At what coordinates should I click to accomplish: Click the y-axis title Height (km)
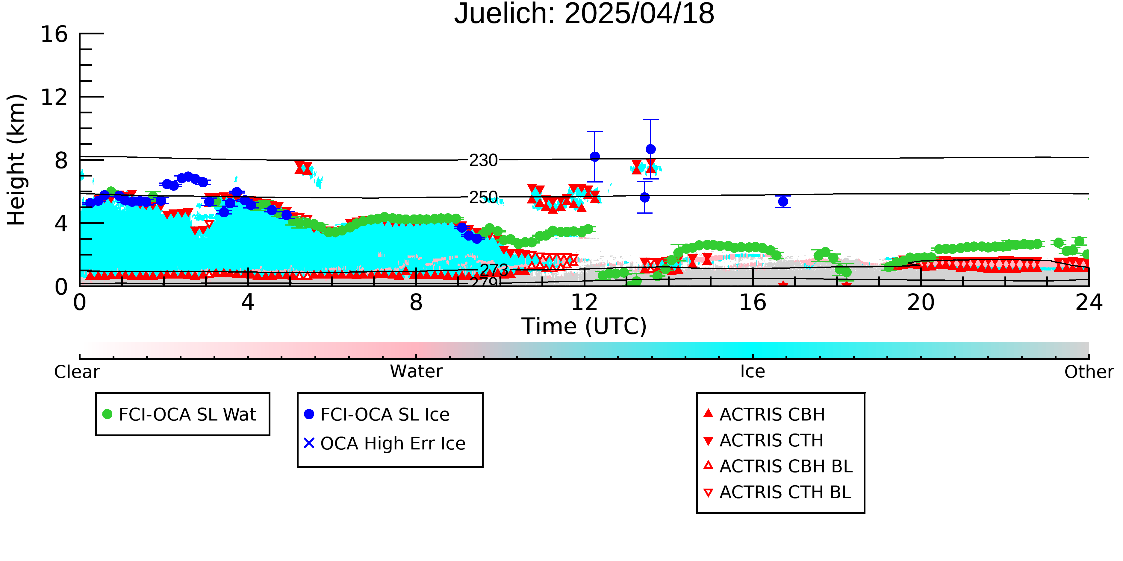(x=16, y=160)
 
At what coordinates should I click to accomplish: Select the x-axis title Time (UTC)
(x=584, y=326)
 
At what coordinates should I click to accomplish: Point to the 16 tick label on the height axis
(x=54, y=34)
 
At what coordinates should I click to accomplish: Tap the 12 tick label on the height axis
(x=54, y=97)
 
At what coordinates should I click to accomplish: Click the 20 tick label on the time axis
(x=921, y=302)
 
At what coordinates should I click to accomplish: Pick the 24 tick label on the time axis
(x=1089, y=302)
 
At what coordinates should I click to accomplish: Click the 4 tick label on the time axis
(x=248, y=302)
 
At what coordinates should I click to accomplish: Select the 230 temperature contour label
(x=483, y=160)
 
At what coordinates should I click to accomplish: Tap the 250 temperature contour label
(x=483, y=197)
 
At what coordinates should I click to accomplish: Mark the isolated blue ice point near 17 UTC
(x=783, y=201)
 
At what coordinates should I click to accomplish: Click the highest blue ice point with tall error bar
(x=650, y=149)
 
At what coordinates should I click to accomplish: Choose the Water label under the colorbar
(x=416, y=372)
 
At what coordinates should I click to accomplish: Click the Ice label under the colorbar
(x=753, y=372)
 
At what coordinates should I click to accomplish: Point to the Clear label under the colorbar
(x=77, y=372)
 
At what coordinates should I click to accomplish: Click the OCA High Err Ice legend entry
(x=385, y=443)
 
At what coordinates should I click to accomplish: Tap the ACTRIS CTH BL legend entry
(x=777, y=492)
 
